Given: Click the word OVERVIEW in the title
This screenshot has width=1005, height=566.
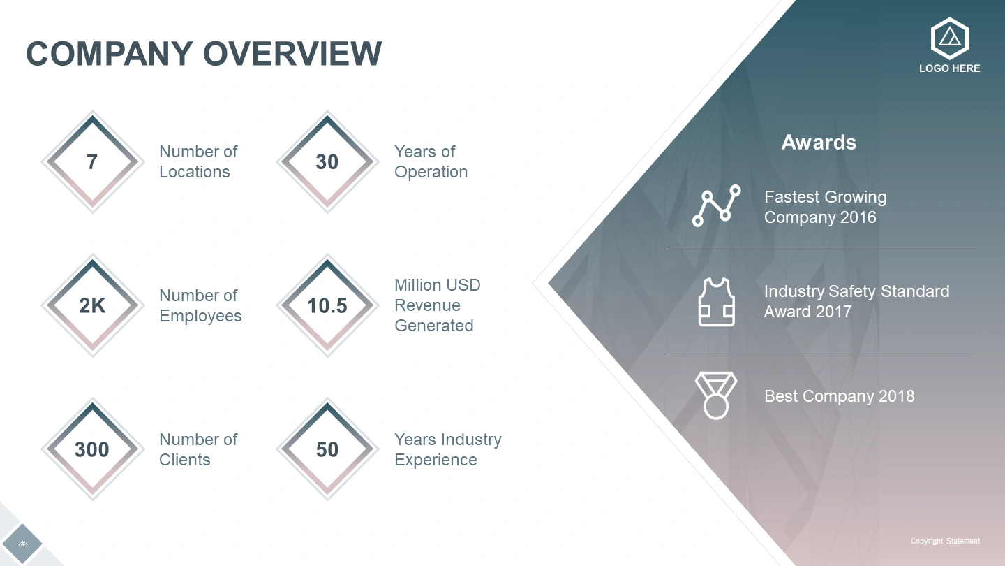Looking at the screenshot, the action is [x=292, y=53].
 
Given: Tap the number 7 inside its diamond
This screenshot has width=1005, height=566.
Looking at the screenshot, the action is [x=92, y=162].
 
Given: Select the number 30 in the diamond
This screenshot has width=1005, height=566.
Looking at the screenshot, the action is [x=327, y=162].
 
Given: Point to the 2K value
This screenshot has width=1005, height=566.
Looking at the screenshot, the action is [x=92, y=306].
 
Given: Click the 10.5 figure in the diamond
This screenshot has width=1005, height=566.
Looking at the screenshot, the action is [x=327, y=306].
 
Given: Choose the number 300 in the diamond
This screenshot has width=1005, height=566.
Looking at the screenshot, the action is [x=92, y=450].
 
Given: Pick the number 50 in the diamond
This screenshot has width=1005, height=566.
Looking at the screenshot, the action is [x=327, y=450].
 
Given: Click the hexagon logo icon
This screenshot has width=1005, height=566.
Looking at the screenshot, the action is [x=949, y=38].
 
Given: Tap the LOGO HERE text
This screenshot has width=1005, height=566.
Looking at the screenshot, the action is [x=949, y=68].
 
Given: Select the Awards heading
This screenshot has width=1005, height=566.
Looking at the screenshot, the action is [x=819, y=143].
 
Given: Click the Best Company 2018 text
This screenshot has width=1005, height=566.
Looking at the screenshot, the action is [x=839, y=396].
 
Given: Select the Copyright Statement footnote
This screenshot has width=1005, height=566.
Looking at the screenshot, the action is [x=945, y=541].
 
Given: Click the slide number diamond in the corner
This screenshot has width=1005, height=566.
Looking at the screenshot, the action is [x=22, y=544].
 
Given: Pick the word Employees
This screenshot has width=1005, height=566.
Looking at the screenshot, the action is [x=200, y=317].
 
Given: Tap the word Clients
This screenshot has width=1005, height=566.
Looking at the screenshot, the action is [x=185, y=460].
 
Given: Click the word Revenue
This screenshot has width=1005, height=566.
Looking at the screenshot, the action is [x=428, y=305].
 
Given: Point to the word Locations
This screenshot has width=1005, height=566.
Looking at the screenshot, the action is [x=195, y=172].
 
